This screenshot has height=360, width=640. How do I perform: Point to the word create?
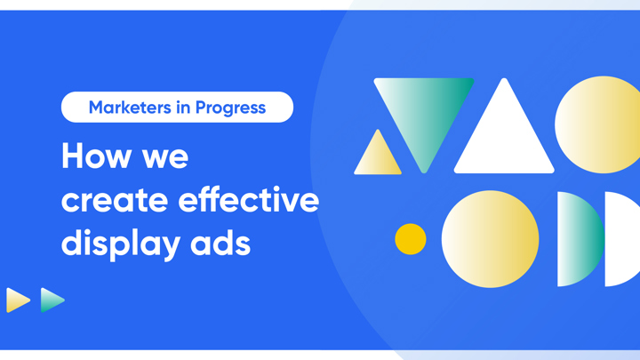pos(113,200)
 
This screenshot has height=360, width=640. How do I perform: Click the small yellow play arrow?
pos(17,300)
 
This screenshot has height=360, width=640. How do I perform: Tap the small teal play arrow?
pos(52,300)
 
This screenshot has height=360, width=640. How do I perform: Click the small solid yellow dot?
pos(411,238)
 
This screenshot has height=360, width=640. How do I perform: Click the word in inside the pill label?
pos(184,108)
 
